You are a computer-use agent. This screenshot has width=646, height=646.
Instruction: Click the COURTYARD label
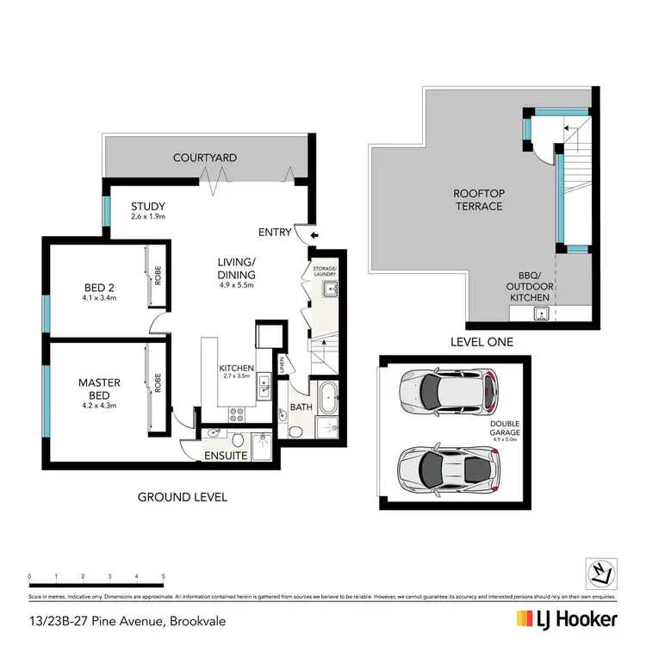[x=204, y=158]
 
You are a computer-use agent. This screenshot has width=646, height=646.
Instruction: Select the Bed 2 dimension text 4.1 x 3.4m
[x=100, y=299]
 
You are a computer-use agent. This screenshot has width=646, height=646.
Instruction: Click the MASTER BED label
[x=100, y=388]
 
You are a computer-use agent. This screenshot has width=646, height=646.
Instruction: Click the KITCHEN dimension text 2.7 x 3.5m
[x=235, y=376]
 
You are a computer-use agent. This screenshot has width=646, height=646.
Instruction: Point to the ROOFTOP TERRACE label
[x=478, y=201]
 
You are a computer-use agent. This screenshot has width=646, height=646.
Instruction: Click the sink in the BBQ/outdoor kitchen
[x=541, y=311]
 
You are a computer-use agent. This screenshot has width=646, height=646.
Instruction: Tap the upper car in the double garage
[x=448, y=392]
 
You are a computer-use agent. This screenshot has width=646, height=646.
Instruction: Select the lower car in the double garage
[x=448, y=469]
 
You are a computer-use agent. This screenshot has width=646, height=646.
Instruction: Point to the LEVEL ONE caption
[x=482, y=342]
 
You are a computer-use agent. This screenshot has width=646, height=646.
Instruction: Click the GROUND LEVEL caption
[x=182, y=497]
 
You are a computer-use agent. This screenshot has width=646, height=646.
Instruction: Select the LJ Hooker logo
[x=567, y=619]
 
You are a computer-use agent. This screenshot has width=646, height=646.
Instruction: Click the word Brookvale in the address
[x=199, y=620]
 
